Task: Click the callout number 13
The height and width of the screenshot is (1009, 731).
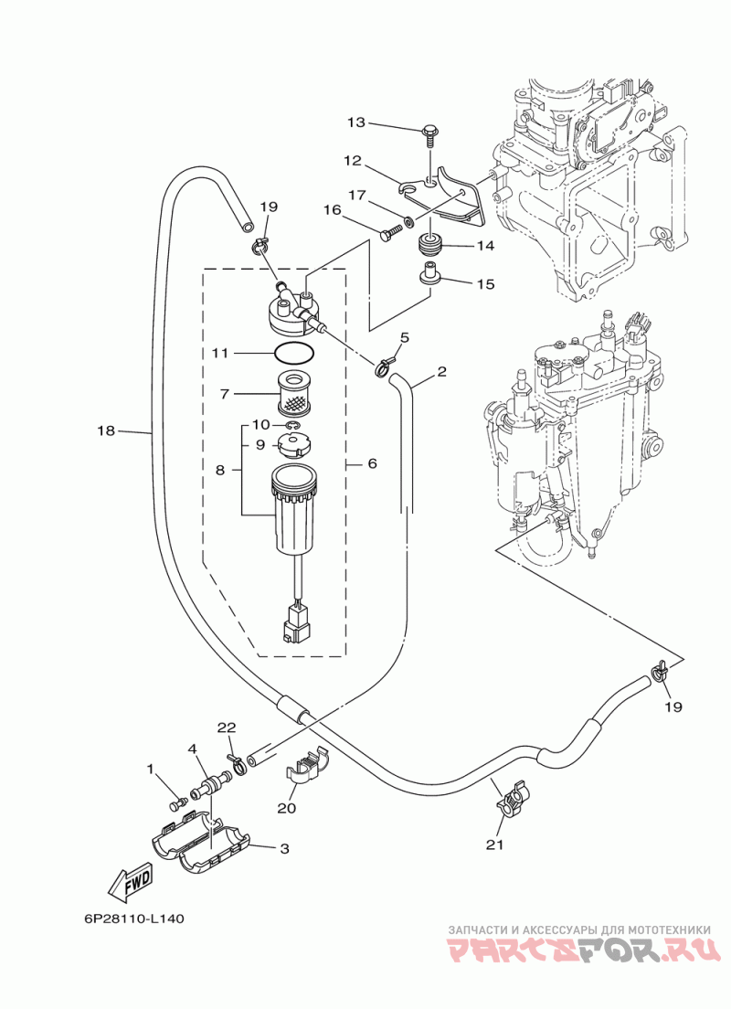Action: coord(355,122)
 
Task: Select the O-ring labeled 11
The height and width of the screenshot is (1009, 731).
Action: coord(294,354)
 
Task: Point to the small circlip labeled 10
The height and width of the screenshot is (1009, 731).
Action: coord(292,425)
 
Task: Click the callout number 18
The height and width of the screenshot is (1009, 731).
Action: coord(106,431)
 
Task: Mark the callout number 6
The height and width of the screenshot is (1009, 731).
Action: coord(372,464)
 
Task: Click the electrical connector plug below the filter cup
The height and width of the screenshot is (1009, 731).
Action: coord(295,625)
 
